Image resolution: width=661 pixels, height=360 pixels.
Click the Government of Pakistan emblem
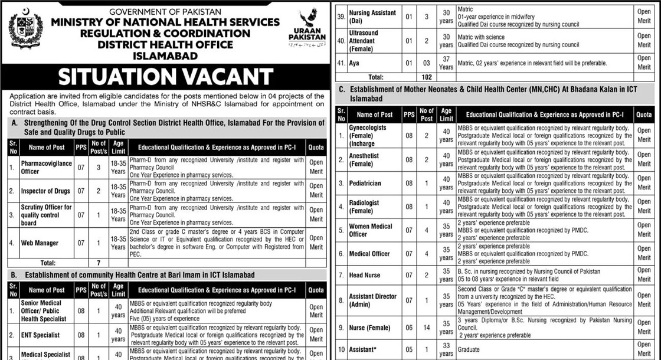click(x=26, y=31)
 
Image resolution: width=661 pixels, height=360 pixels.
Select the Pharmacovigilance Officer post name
click(x=47, y=167)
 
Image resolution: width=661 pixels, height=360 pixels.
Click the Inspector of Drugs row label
click(x=46, y=191)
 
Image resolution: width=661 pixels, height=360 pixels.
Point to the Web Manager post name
click(x=40, y=243)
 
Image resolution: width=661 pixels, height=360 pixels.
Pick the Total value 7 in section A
click(x=99, y=263)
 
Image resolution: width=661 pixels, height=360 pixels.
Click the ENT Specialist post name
click(x=40, y=335)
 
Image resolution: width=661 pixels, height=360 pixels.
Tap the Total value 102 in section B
click(x=427, y=77)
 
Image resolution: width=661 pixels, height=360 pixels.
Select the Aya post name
click(x=354, y=63)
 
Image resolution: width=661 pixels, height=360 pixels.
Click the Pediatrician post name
click(x=364, y=183)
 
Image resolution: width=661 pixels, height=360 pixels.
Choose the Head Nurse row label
click(x=364, y=275)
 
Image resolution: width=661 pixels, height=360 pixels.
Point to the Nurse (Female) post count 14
click(x=426, y=328)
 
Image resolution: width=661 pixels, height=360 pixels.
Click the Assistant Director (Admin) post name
click(x=372, y=300)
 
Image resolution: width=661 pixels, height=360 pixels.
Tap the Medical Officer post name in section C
click(x=369, y=254)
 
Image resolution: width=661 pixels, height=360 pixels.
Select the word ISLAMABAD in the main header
click(x=165, y=56)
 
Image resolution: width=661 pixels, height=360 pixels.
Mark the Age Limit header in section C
click(x=446, y=114)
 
